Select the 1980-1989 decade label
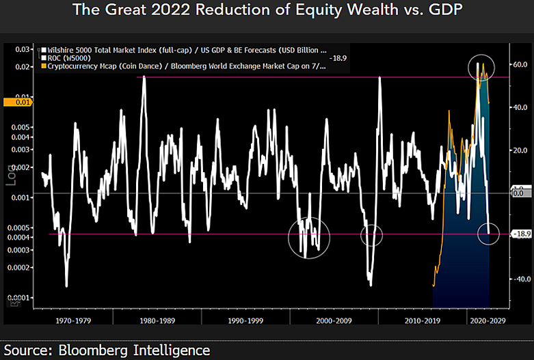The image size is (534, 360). click(159, 319)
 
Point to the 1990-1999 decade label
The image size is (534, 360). click(245, 319)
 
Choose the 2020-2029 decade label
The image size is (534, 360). click(487, 319)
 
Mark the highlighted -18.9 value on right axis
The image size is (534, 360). click(522, 234)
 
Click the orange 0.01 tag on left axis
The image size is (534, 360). click(14, 102)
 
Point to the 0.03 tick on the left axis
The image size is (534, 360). click(23, 49)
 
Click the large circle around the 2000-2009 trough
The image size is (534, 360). click(309, 238)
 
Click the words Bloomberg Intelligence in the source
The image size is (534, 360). click(134, 350)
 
